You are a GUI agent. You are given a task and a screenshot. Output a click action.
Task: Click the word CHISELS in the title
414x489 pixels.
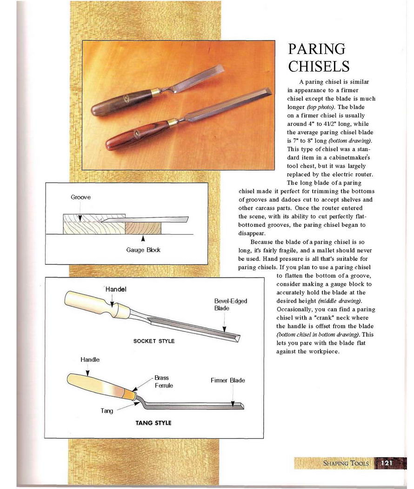(x=319, y=66)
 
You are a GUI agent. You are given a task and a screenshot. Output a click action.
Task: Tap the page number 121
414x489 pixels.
(x=387, y=463)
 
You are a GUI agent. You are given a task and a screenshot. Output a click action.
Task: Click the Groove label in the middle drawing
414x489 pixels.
(x=80, y=197)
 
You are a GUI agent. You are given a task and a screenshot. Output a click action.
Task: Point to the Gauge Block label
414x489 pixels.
(x=143, y=250)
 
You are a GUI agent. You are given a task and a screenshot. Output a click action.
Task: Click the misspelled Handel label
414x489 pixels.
(x=116, y=289)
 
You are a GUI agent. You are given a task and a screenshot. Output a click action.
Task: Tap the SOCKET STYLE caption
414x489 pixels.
(x=154, y=341)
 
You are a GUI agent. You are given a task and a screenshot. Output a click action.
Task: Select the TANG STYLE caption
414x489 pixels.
(x=153, y=423)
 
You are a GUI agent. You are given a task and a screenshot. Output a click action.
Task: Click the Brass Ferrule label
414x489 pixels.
(x=163, y=382)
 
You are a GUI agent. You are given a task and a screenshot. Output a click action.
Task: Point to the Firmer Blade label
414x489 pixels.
(x=227, y=380)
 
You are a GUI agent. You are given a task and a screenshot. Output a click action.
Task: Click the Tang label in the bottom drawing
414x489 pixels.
(x=107, y=411)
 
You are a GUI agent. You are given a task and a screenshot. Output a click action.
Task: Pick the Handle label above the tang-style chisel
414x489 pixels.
(x=90, y=360)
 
